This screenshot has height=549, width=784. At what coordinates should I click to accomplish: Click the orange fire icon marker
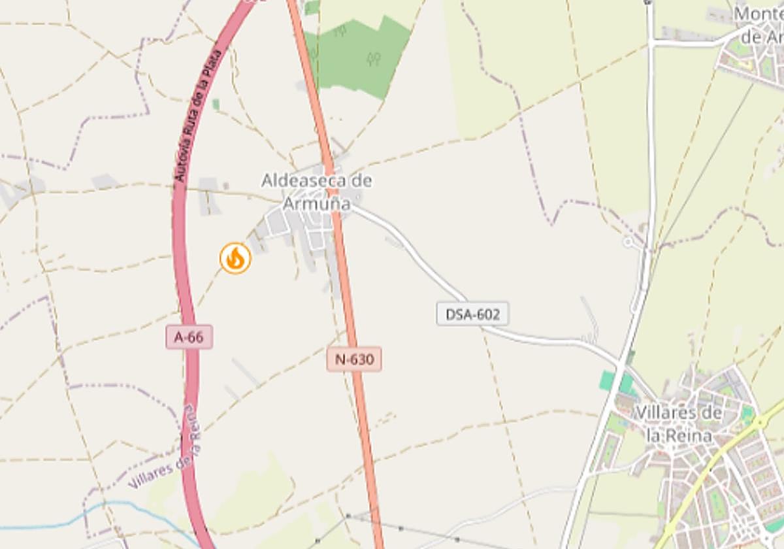point(235,258)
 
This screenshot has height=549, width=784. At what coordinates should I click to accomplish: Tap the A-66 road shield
point(189,337)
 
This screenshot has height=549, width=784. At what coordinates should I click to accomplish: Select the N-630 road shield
point(353,359)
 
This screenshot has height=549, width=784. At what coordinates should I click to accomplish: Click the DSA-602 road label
point(472,314)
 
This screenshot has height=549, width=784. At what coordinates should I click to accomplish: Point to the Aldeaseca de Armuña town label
point(317,191)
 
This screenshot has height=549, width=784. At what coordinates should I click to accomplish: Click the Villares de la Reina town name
point(678,424)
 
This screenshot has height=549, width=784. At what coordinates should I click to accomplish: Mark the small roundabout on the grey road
point(629,242)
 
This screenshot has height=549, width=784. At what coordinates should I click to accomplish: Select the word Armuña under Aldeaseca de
point(317,203)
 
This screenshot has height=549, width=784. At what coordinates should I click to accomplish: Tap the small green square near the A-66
point(216,104)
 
